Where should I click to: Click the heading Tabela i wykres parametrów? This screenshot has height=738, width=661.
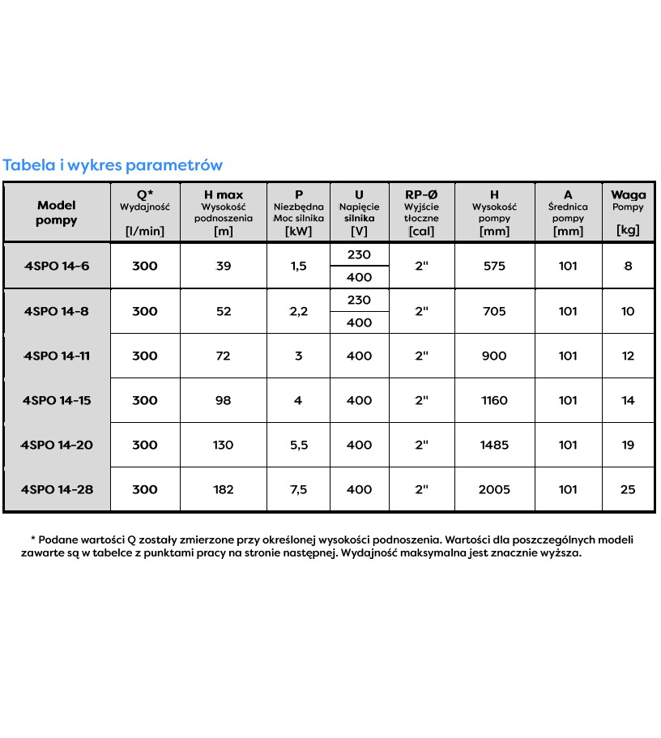[113, 165]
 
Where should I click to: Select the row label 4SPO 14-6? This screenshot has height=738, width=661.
[56, 266]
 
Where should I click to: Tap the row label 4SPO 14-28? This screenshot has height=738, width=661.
[56, 489]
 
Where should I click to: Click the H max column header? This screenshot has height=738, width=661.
[223, 195]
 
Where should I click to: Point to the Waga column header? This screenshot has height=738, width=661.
[628, 195]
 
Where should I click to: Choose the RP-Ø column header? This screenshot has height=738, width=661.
[421, 195]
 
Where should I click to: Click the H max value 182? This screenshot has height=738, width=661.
[223, 489]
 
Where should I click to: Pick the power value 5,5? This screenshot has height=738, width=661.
[298, 445]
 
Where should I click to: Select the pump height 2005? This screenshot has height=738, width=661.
[494, 489]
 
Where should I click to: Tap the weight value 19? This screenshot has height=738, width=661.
[628, 445]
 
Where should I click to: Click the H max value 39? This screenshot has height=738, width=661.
[223, 266]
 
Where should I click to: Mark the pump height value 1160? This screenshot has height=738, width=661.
[494, 400]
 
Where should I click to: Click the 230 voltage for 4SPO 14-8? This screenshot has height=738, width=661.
[358, 300]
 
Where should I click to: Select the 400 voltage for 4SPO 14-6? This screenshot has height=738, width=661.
[358, 277]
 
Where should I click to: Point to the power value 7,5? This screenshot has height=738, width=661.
[298, 489]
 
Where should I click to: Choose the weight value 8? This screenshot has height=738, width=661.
[628, 266]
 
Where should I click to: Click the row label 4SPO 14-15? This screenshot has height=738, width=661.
[56, 400]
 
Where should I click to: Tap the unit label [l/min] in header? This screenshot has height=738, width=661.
[144, 231]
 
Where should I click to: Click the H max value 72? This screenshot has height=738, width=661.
[223, 356]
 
